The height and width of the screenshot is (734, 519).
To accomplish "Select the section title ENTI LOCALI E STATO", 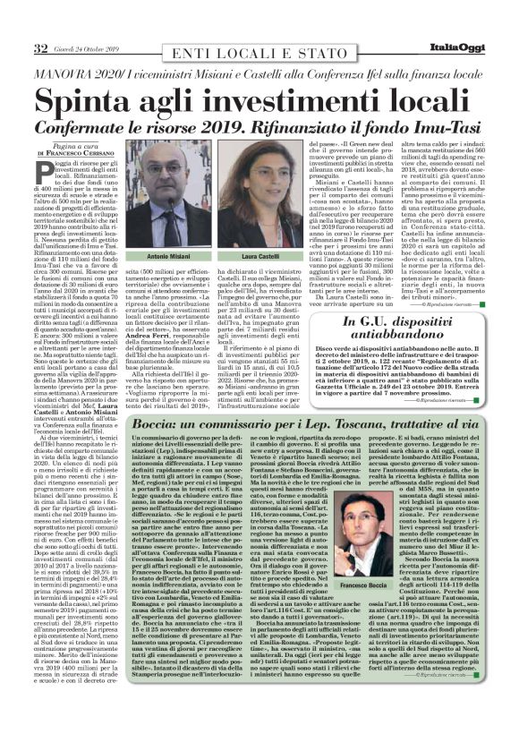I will click(253, 23).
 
